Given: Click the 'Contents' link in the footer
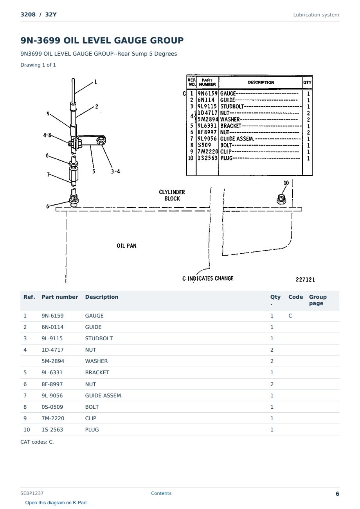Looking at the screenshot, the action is tap(161, 493).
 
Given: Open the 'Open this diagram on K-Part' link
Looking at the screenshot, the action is tap(56, 502).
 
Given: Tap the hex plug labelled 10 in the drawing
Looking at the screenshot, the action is tap(281, 199).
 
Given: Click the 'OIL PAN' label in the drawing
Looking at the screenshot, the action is tap(126, 245).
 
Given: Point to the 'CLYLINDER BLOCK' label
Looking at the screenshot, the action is tap(172, 195).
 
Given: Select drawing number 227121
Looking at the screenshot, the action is tap(305, 280).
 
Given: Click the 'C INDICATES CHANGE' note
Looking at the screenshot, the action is tap(208, 278).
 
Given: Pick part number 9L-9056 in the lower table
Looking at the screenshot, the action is tap(52, 395).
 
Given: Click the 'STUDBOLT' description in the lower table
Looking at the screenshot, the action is tap(99, 338).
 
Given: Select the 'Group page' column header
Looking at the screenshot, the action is tap(318, 300).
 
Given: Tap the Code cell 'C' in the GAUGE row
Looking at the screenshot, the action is tap(290, 316).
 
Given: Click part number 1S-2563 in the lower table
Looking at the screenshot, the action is tap(52, 430).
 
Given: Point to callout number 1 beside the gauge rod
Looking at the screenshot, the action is tap(95, 82).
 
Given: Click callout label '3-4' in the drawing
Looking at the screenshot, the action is tap(115, 171).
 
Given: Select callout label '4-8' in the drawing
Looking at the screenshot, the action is tap(47, 135).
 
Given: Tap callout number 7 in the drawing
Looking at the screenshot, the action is tap(48, 175).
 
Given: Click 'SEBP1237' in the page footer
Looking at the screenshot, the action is tap(32, 493).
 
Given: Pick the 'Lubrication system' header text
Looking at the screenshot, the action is tap(316, 15).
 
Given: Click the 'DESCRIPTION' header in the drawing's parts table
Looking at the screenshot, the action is tap(261, 82).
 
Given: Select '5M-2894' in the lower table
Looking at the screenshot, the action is tap(53, 361).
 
